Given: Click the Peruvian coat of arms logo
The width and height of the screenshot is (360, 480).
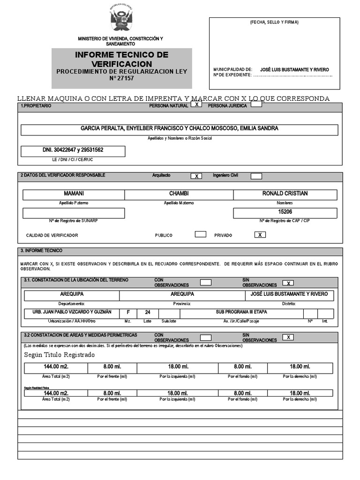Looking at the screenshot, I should pyautogui.click(x=121, y=19).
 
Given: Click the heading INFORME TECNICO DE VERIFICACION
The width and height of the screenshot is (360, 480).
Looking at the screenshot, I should pyautogui.click(x=121, y=59).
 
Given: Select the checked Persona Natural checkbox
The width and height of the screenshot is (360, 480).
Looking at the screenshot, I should pyautogui.click(x=196, y=105).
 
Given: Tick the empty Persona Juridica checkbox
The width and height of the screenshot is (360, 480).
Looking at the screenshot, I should pyautogui.click(x=256, y=105).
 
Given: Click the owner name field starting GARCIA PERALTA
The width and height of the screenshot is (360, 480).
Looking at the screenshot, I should pyautogui.click(x=180, y=129).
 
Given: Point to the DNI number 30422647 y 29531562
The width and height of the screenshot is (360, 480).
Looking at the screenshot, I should pyautogui.click(x=73, y=150).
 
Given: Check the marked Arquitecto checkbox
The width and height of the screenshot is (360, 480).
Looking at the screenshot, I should pyautogui.click(x=196, y=176).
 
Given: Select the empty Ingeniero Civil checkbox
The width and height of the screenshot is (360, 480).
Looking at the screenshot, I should pyautogui.click(x=256, y=176).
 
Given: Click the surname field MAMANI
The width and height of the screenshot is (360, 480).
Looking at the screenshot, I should pyautogui.click(x=74, y=194).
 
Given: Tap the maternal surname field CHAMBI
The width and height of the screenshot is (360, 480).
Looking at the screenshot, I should pyautogui.click(x=179, y=194).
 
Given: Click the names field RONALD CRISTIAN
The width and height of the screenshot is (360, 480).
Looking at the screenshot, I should pyautogui.click(x=285, y=194).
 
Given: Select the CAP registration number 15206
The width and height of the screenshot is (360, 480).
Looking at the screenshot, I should pyautogui.click(x=285, y=212).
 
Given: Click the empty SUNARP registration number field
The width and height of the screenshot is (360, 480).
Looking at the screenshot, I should pyautogui.click(x=74, y=213).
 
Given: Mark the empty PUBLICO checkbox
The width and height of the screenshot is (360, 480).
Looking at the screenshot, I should pyautogui.click(x=200, y=234).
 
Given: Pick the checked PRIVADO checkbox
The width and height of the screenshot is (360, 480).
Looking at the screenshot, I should pyautogui.click(x=260, y=234).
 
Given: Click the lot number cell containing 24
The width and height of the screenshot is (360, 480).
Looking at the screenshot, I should pyautogui.click(x=148, y=313).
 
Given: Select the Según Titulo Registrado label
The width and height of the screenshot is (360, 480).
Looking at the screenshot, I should pyautogui.click(x=59, y=354).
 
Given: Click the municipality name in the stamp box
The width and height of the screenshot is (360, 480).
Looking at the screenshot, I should pyautogui.click(x=294, y=69).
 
